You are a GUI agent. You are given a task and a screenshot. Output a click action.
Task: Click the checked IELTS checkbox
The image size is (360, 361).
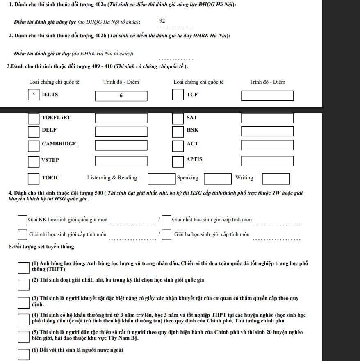coord(34,95)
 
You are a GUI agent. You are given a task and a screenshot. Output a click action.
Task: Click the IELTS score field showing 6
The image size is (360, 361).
coord(121,96)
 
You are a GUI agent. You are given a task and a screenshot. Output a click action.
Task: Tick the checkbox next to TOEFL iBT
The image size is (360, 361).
coord(34,118)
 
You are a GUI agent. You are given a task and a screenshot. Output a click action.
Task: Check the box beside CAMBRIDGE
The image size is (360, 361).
coord(34,145)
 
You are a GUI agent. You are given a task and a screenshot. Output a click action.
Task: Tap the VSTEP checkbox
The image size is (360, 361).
coord(34,161)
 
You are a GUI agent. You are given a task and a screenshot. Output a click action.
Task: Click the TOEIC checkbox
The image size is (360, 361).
coord(34,179)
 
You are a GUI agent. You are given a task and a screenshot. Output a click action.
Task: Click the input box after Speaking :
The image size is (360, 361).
coord(218,179)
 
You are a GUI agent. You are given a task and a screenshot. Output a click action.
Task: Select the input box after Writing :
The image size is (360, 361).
coord(276,179)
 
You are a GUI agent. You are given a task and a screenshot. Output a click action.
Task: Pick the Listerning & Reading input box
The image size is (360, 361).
coord(162,179)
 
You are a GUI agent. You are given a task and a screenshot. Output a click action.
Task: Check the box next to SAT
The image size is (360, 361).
coord(178,118)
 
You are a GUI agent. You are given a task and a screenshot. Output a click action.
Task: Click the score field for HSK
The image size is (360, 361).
coord(267,132)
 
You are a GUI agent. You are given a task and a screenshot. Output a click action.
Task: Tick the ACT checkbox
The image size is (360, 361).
coord(178,145)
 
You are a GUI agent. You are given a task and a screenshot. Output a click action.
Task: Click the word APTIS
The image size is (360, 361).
coord(194,159)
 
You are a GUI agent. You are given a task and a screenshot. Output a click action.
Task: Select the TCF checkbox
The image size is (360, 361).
coord(178,95)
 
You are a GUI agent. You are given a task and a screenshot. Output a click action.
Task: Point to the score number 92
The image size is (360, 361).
coord(162,20)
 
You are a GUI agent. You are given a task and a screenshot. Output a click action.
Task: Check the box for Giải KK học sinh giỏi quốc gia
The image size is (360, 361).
coord(22,220)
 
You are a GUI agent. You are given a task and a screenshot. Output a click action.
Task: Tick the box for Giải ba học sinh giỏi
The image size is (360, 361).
coord(166,235)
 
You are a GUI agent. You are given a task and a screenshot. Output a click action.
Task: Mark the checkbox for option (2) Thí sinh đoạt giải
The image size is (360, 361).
coord(23,284)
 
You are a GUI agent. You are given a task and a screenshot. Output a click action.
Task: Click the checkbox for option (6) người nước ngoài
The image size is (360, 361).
coord(23,354)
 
